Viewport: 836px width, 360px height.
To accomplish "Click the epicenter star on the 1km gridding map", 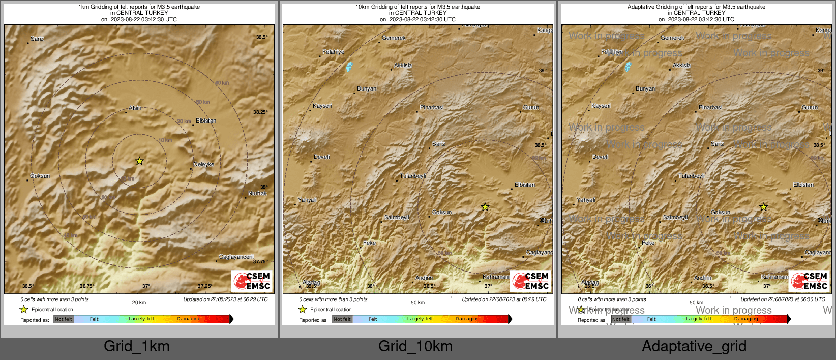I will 139,161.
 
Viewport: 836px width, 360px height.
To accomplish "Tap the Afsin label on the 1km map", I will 135,108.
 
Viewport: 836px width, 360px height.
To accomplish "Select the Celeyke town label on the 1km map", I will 204,164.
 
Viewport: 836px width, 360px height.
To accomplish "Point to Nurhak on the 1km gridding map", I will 257,193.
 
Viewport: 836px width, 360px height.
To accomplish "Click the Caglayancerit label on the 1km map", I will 236,257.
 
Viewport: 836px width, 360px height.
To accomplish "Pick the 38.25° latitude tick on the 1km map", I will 261,112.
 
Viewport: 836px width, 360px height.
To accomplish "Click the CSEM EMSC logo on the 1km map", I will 252,281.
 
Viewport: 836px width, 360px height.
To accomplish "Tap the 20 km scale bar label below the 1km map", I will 139,302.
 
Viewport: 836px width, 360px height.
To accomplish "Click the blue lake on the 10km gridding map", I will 349,67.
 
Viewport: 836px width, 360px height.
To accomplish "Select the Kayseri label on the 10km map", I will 322,106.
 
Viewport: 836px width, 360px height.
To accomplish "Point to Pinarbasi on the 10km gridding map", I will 432,107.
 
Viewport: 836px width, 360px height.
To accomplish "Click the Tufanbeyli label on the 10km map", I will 413,176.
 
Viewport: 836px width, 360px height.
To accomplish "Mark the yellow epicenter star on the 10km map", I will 485,207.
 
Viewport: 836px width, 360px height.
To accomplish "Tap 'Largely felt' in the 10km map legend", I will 420,319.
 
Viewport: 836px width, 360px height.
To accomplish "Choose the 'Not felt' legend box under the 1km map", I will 64,319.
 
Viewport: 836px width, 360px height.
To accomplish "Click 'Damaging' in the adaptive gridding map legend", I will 746,319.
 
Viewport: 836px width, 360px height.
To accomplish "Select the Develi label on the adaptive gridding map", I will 601,157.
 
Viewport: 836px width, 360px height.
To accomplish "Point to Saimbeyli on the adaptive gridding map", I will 675,217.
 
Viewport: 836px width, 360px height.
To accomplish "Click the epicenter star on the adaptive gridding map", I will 764,207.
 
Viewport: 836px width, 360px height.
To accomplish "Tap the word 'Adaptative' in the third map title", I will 641,7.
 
